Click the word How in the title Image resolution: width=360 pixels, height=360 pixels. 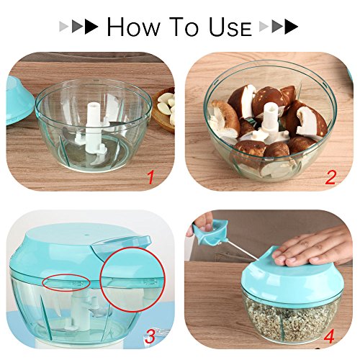(x=136, y=27)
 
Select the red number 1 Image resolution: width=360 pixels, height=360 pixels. (x=150, y=176)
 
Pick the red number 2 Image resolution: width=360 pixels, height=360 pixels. (x=330, y=176)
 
